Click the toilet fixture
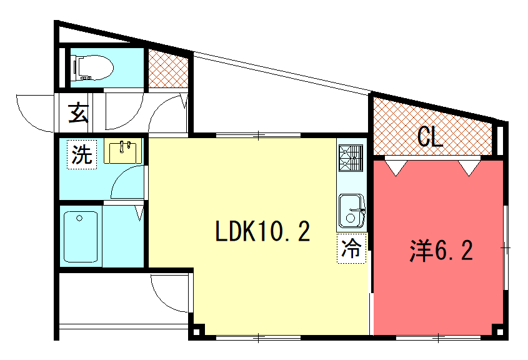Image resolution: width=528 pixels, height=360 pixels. [x=93, y=67]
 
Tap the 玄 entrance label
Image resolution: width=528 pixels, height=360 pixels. [x=79, y=113]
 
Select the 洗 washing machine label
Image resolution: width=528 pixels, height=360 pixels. [x=82, y=154]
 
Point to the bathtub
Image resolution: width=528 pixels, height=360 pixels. [x=81, y=236]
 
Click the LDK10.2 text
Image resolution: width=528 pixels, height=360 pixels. [x=262, y=231]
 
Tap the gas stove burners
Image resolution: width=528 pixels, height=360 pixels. [x=351, y=158]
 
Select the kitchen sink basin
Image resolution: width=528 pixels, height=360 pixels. [x=352, y=211]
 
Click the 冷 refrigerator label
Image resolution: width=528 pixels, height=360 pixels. [x=351, y=249]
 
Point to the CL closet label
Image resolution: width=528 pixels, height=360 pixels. [x=430, y=137]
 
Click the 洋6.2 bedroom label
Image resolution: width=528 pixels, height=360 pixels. [x=441, y=251]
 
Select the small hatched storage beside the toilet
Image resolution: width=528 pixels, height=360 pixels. [x=168, y=69]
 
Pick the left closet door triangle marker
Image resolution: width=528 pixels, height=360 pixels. [x=396, y=168]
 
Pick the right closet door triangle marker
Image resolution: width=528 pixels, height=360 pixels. [x=469, y=168]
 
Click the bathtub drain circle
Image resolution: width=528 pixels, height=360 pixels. [x=79, y=218]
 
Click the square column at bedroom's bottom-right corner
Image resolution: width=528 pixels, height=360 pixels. [x=500, y=332]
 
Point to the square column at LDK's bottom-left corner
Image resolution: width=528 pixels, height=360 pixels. [x=197, y=332]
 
